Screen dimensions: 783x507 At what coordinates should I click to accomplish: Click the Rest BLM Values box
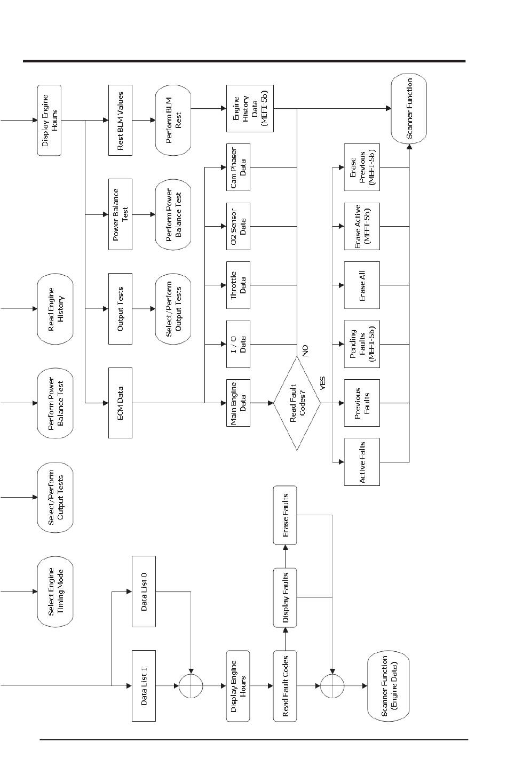[x=120, y=121]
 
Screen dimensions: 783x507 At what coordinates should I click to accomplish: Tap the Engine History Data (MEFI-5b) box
[x=250, y=108]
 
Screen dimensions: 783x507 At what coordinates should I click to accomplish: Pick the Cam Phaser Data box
[x=238, y=167]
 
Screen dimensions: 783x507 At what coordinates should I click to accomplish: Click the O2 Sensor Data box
[x=238, y=226]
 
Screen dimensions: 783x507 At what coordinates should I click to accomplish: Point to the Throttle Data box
[x=238, y=285]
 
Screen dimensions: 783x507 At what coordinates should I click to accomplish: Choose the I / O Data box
[x=238, y=344]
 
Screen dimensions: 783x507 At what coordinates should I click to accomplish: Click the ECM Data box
[x=120, y=403]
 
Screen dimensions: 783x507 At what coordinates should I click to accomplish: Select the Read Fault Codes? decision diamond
[x=297, y=403]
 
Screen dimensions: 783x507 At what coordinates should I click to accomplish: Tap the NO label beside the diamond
[x=305, y=350]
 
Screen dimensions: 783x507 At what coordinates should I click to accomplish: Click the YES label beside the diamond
[x=322, y=383]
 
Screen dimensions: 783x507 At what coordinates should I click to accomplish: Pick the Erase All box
[x=362, y=285]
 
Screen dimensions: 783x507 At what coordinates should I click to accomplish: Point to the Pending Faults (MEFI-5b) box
[x=362, y=344]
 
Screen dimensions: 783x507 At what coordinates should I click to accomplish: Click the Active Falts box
[x=362, y=462]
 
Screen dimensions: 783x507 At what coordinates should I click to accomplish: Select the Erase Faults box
[x=285, y=515]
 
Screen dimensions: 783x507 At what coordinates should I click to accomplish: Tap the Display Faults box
[x=285, y=598]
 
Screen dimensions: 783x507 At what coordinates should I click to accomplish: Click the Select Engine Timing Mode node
[x=55, y=592]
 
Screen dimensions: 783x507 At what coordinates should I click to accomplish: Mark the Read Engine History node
[x=55, y=309]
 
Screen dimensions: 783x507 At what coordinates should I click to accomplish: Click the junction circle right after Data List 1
[x=191, y=685]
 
